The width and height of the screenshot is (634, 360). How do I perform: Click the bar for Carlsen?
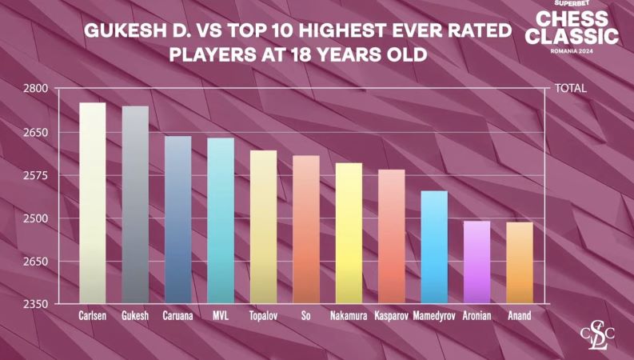pos(93,203)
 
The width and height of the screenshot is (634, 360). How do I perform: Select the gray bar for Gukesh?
pos(135,205)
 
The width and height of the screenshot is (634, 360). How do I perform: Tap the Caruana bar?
pos(177,220)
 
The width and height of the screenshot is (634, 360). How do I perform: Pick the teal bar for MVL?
pos(221,221)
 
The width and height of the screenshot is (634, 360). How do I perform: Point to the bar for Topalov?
pos(263,227)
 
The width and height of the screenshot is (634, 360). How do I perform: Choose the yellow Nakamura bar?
pos(349,233)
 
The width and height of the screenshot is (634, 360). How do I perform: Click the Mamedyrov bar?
pos(434,247)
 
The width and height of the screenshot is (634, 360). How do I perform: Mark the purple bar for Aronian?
pos(476,262)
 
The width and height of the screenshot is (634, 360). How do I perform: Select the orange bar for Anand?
pos(520,263)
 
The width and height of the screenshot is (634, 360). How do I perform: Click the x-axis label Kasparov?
pos(391,316)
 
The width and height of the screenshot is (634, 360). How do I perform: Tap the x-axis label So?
pos(305,316)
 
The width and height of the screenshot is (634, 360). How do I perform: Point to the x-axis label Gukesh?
pos(135,316)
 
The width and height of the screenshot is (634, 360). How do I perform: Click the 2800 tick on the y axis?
pos(35,89)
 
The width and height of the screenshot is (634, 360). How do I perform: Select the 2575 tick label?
pos(35,175)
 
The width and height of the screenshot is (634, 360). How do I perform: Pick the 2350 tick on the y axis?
pos(35,304)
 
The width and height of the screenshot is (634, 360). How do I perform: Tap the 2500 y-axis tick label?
pos(35,218)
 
